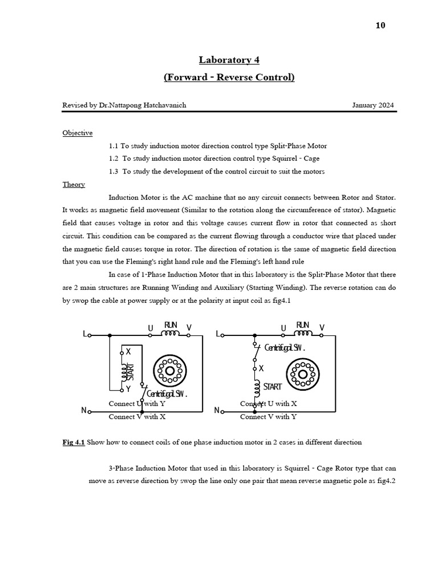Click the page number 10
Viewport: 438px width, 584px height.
381,26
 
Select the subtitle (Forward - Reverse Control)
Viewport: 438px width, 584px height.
229,77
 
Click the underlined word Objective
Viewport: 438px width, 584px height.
78,133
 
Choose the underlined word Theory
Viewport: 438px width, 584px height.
74,184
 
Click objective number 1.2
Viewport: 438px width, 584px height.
116,159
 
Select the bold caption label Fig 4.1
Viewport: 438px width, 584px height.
74,443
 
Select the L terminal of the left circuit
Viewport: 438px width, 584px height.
86,335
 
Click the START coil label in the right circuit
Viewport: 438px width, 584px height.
272,386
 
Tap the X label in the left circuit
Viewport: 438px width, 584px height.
128,352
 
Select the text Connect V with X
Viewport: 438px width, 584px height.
137,417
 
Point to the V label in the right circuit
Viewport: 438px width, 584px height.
322,327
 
